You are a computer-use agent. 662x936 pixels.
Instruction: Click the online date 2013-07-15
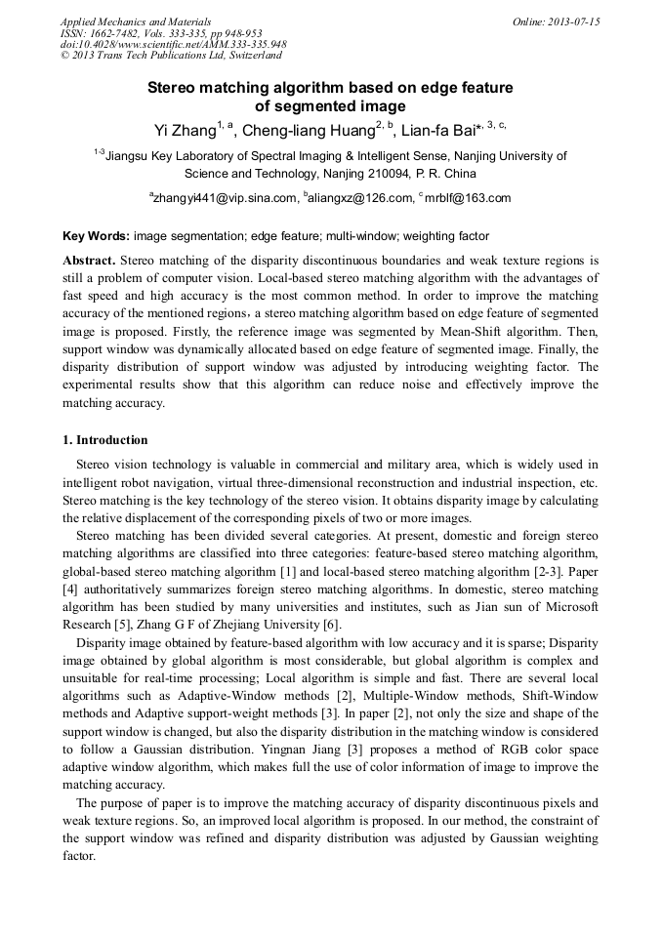[x=575, y=21]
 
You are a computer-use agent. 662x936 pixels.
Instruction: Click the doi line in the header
[x=173, y=45]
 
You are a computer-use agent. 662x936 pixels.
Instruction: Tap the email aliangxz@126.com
[x=362, y=198]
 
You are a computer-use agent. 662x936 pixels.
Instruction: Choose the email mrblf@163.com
[x=468, y=198]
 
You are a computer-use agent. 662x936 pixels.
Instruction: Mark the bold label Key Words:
[x=96, y=236]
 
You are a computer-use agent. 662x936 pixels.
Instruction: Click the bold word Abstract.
[x=89, y=261]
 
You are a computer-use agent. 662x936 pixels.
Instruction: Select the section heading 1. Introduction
[x=105, y=440]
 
